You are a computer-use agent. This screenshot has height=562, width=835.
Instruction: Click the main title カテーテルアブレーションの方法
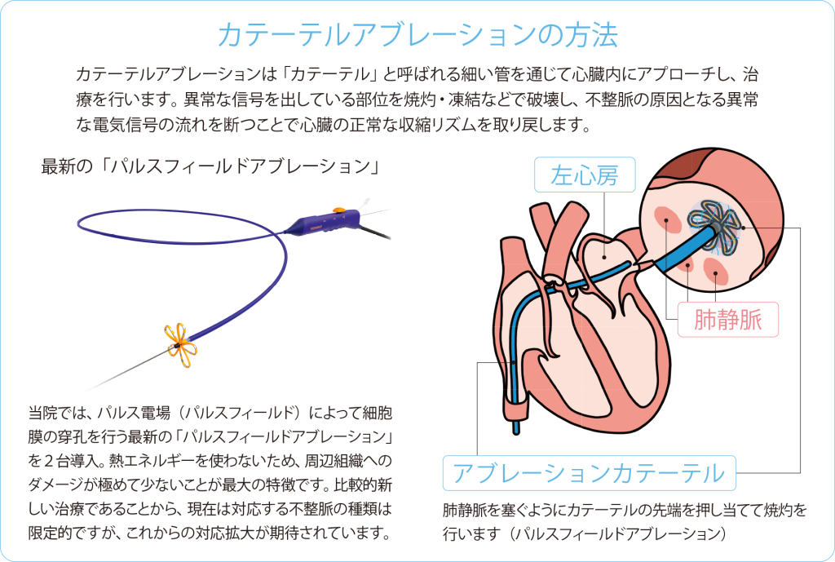point(417,33)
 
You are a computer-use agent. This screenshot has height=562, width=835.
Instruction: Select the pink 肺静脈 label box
point(728,319)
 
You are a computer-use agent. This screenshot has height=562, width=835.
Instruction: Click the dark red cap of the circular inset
point(682,170)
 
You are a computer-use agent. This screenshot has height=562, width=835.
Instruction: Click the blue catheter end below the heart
point(515,424)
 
